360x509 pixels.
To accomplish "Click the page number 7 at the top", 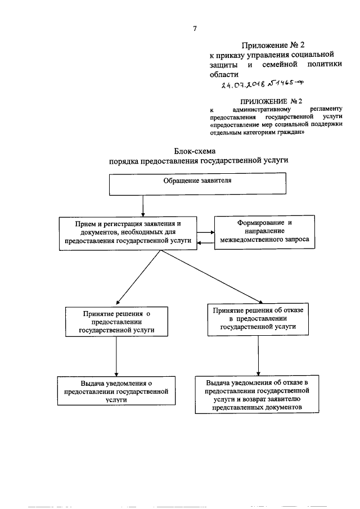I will [x=195, y=28].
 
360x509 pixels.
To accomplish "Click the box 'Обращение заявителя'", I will [x=197, y=184].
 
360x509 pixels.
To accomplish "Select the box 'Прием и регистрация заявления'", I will [x=128, y=232].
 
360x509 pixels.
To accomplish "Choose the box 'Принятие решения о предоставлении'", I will [x=116, y=322].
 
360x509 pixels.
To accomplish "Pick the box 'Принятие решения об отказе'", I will [x=258, y=318].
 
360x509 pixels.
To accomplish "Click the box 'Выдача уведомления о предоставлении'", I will [x=116, y=390].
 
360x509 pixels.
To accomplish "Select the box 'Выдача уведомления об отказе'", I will [x=258, y=394].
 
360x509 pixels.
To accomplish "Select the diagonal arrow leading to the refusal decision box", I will [x=214, y=277].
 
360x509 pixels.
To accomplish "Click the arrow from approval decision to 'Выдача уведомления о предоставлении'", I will [x=116, y=357].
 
